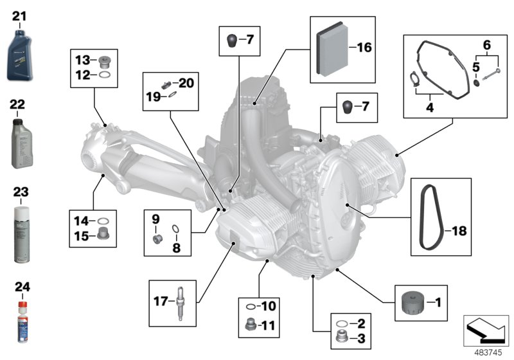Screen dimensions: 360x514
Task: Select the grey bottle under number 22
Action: pyautogui.click(x=21, y=141)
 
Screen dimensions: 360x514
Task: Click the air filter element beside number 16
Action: pyautogui.click(x=330, y=48)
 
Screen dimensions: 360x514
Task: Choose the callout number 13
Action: pyautogui.click(x=82, y=60)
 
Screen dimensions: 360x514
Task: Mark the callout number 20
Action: pyautogui.click(x=186, y=83)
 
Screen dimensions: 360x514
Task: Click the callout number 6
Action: pyautogui.click(x=486, y=45)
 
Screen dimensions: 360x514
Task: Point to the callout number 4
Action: pyautogui.click(x=430, y=108)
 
